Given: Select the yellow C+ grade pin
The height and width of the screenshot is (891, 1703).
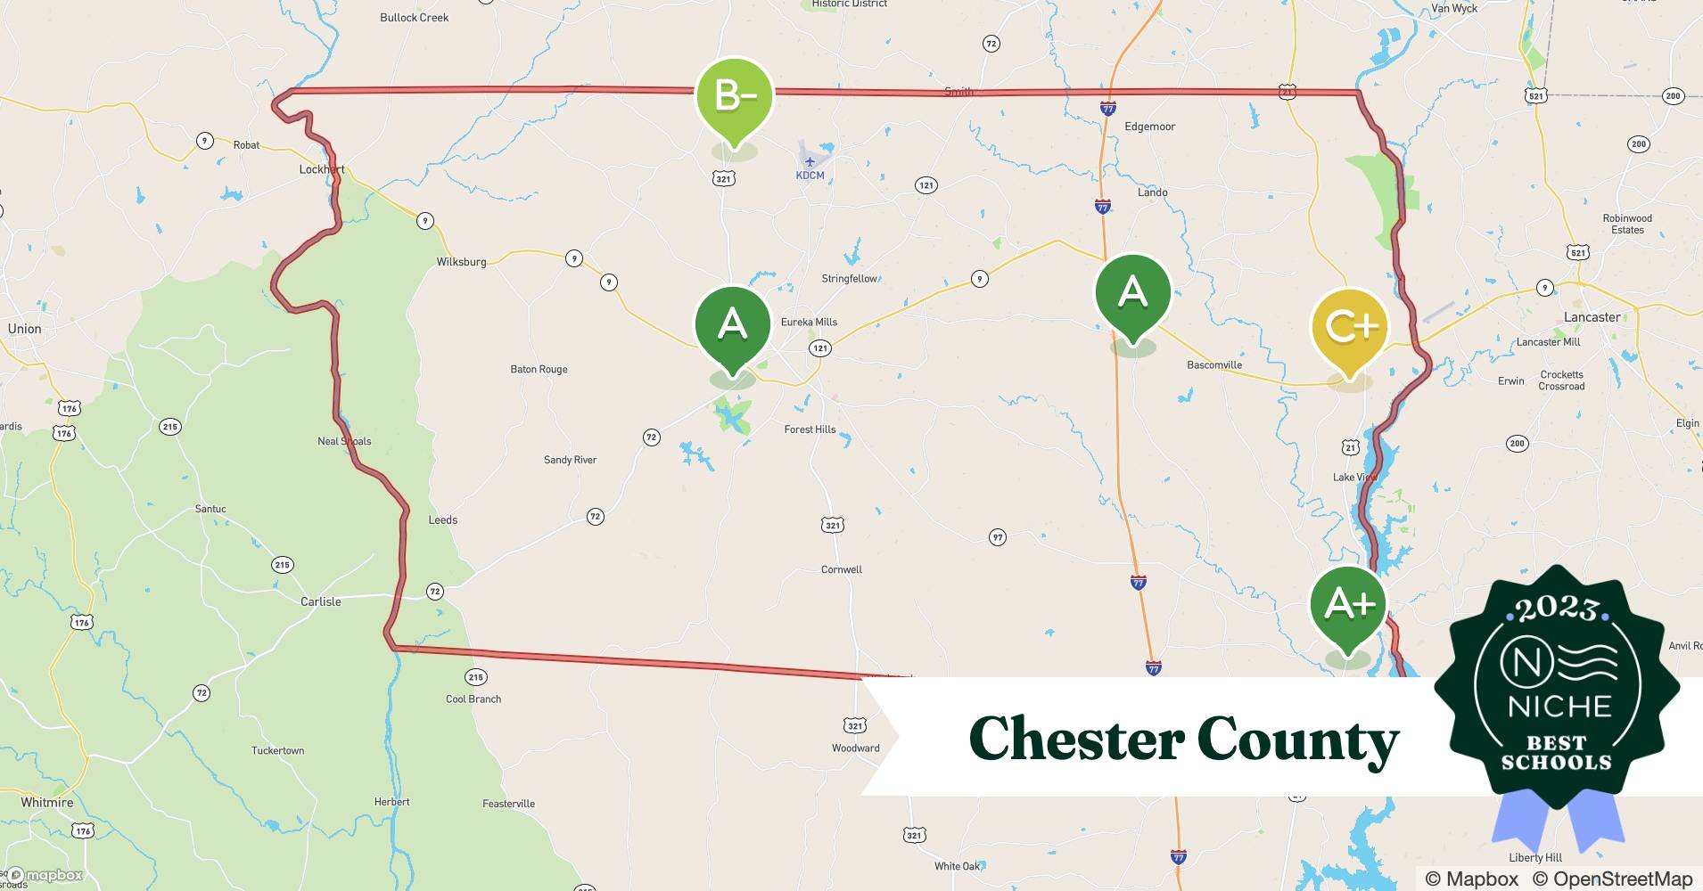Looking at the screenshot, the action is coord(1350,327).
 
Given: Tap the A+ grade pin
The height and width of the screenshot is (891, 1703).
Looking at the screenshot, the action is coord(1348,604).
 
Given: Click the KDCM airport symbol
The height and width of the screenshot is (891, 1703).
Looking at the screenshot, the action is coord(810,162).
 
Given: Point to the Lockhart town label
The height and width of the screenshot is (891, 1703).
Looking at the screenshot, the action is coord(322,169).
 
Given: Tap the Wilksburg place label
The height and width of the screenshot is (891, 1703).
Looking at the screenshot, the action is coord(461,262).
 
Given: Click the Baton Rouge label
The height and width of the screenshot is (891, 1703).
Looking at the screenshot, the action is coord(539,369).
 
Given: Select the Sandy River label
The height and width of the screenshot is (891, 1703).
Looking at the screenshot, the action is coord(570,460).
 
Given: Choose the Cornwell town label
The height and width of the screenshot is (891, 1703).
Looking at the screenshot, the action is coord(841,569).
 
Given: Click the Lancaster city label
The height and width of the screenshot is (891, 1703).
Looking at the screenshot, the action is coord(1592,317).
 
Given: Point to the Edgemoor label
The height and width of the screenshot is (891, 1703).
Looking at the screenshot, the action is coord(1149,127).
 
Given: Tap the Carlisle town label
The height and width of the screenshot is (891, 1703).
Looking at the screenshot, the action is coord(320,601).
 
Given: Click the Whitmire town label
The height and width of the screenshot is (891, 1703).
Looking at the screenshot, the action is coord(47,802).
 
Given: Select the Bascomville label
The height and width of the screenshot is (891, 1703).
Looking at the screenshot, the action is coord(1213,364).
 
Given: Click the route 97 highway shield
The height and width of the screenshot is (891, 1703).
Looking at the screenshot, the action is coord(997,537).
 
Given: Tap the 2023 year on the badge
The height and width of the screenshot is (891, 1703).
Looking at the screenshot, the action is coord(1556,609).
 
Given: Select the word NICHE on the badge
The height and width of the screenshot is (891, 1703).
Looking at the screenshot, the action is coord(1559,707).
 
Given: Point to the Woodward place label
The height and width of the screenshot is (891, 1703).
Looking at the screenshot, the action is coord(855,748).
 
